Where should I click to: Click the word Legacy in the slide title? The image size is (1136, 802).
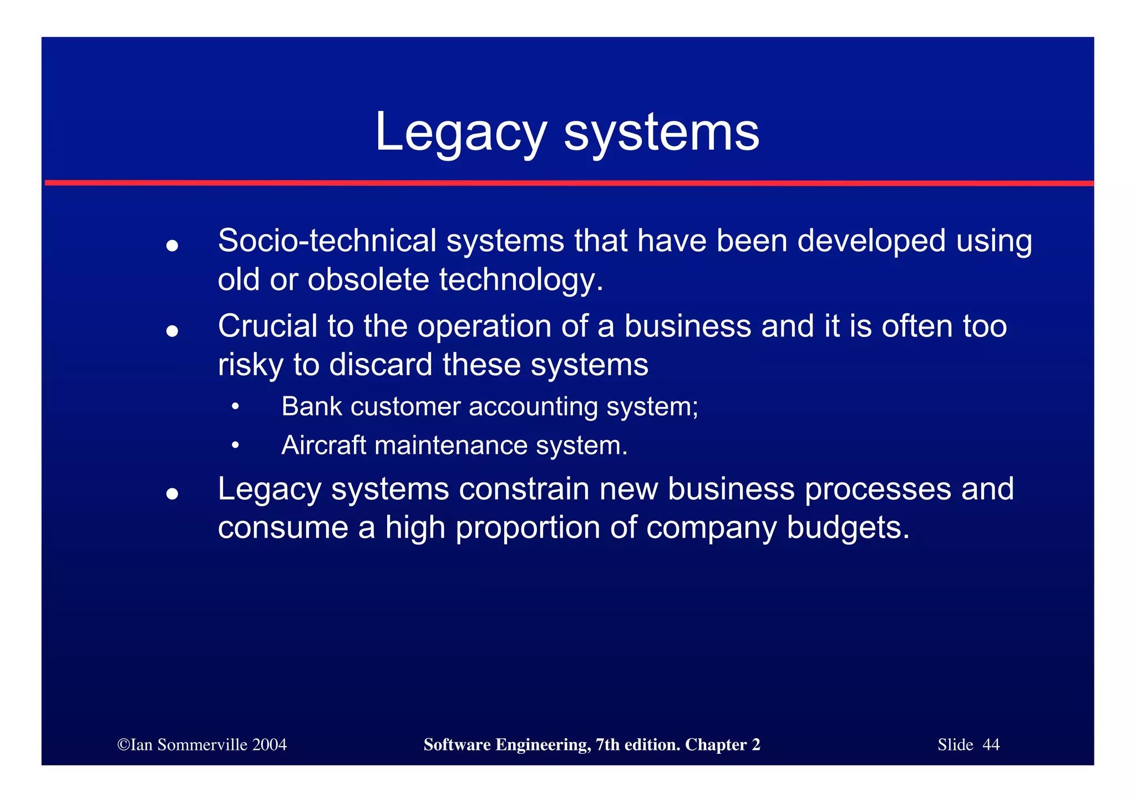[x=460, y=133]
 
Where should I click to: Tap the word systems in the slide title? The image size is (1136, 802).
[x=661, y=133]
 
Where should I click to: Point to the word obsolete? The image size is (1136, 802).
[x=368, y=279]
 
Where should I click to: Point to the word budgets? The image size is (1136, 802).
[x=848, y=528]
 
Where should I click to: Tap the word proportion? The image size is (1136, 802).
[x=528, y=528]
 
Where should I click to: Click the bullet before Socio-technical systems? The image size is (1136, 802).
[x=172, y=246]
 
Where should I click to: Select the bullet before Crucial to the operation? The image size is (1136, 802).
[x=172, y=331]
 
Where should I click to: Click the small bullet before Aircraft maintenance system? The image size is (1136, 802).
[x=235, y=445]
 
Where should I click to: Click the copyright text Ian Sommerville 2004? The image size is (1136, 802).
[x=202, y=744]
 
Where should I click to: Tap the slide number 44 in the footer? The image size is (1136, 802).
[x=991, y=744]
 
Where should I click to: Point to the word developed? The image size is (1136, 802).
[x=871, y=242]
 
